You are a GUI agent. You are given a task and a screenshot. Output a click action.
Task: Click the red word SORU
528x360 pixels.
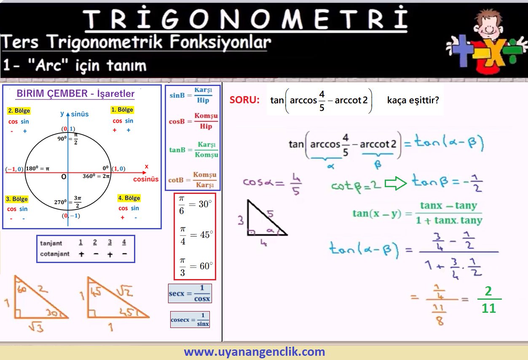244,100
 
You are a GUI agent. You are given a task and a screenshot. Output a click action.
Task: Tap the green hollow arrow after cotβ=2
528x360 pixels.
396,183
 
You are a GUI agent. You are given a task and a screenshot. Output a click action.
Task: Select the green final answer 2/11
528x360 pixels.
489,299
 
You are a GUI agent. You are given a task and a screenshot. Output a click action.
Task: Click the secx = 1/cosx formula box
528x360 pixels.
190,293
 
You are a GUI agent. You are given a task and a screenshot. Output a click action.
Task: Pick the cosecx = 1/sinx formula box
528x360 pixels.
190,320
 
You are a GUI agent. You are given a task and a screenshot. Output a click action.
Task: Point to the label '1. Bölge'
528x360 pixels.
122,110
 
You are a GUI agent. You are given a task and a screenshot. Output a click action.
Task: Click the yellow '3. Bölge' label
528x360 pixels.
17,199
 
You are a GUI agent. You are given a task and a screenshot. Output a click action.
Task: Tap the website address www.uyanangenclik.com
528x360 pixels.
255,352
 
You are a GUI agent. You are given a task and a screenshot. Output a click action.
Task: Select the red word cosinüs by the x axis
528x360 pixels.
146,179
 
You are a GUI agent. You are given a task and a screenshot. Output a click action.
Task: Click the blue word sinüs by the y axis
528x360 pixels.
80,114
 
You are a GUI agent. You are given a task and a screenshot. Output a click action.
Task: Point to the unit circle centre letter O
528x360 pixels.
64,177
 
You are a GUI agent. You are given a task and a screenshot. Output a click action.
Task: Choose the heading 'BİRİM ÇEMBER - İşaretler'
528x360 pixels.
75,94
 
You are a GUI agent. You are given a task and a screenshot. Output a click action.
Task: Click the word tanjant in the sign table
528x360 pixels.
51,243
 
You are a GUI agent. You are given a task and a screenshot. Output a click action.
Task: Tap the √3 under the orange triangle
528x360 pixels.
36,327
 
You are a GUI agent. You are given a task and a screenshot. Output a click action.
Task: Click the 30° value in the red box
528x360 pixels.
205,204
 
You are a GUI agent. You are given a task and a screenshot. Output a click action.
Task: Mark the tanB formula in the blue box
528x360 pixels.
194,150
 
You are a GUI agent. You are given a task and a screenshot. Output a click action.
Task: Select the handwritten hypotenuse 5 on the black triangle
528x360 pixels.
271,214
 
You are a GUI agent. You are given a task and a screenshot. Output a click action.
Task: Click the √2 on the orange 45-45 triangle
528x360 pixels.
125,291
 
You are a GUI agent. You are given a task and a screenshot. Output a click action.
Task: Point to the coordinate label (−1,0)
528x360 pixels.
14,169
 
